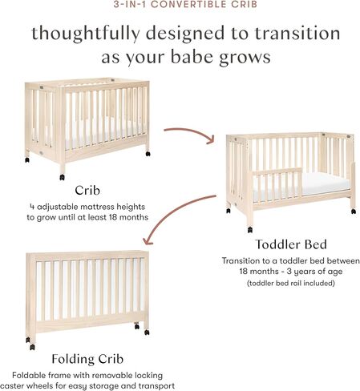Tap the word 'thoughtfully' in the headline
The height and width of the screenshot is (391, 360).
75,34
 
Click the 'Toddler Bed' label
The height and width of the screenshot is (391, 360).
291,244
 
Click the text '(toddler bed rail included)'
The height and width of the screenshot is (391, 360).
291,283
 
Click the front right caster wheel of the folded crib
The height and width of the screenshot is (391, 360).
146,329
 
